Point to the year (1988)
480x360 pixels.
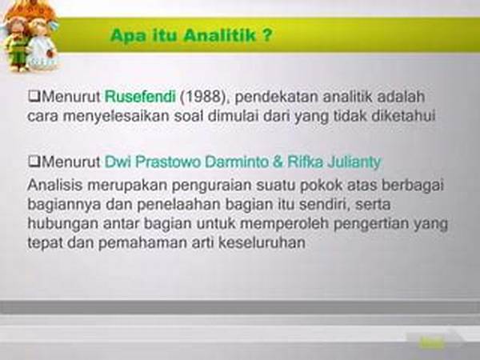click(x=200, y=98)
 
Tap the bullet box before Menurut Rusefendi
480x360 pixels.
click(x=33, y=98)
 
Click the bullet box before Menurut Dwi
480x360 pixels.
click(x=33, y=162)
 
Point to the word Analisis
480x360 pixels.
click(x=54, y=185)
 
